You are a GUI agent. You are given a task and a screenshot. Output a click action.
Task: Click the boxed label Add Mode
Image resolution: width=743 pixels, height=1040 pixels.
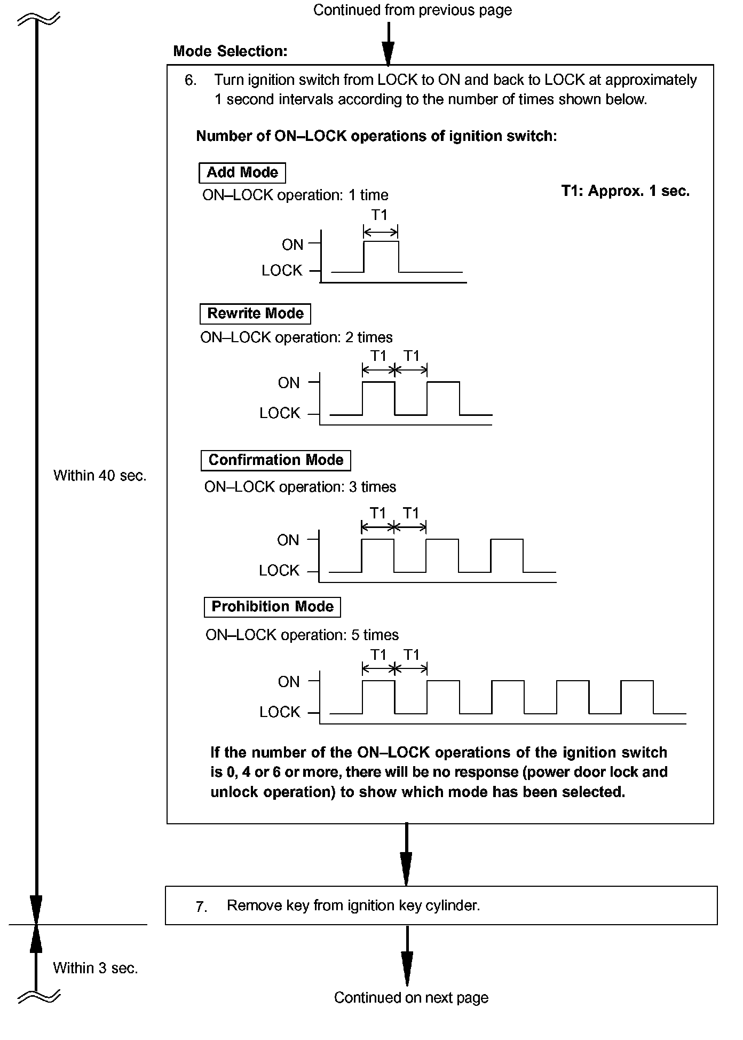[x=242, y=172]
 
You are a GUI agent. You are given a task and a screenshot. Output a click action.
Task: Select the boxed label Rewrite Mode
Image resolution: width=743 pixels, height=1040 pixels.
[x=255, y=313]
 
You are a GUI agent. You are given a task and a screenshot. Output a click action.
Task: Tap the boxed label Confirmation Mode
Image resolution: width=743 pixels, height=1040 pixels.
[x=275, y=460]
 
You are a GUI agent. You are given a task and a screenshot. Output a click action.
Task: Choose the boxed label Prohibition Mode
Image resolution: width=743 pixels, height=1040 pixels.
[x=272, y=606]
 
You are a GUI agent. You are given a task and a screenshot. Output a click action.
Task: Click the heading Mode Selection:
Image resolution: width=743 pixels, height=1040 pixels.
[x=230, y=51]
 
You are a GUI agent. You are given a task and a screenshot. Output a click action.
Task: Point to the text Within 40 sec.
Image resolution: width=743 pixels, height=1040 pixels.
[x=100, y=476]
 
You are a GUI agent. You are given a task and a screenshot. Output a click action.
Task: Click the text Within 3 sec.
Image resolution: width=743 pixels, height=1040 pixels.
[x=96, y=968]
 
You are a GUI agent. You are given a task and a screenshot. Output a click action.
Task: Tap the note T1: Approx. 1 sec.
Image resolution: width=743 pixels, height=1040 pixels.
[x=625, y=191]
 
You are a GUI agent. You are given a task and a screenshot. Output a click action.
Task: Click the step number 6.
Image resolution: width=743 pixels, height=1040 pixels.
[x=191, y=81]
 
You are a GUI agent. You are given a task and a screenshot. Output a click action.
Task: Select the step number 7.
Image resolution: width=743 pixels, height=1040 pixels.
[x=201, y=907]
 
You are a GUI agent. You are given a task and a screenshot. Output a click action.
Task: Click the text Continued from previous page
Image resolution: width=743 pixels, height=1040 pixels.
[x=412, y=10]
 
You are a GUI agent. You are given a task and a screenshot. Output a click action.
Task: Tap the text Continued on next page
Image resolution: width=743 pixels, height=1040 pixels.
[x=411, y=997]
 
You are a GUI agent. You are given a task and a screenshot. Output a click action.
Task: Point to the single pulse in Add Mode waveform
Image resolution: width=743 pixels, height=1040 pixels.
[x=381, y=256]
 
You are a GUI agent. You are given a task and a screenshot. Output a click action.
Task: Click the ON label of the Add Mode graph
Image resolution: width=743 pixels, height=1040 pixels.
[x=293, y=245]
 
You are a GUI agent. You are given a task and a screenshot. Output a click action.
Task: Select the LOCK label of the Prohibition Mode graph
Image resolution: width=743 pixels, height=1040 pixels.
[x=280, y=712]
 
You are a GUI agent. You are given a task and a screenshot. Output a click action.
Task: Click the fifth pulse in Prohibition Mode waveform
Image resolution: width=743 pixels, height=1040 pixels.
[x=637, y=697]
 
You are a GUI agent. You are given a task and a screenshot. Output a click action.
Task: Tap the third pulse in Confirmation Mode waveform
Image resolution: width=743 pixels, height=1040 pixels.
[x=507, y=555]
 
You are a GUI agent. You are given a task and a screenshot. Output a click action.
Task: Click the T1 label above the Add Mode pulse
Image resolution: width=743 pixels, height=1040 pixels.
[x=379, y=215]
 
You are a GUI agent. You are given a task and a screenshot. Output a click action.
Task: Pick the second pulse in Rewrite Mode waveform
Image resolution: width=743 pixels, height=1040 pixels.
[x=443, y=398]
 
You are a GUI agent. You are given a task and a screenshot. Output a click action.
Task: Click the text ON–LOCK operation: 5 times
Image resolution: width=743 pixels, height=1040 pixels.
[x=302, y=635]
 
